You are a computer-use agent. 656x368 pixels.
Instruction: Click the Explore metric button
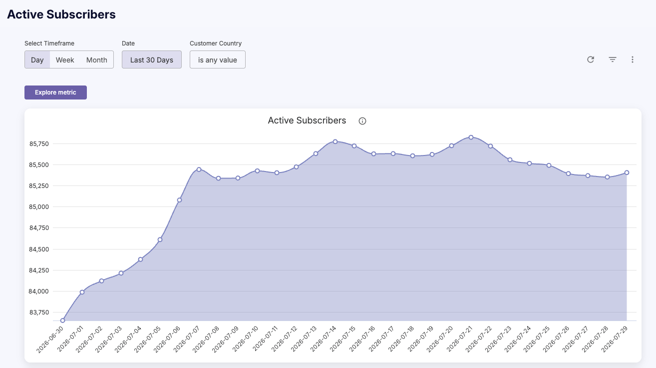55,92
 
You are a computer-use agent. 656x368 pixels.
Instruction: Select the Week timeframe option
65,60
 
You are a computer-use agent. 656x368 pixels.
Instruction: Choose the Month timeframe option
97,60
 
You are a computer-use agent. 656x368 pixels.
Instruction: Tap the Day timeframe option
37,60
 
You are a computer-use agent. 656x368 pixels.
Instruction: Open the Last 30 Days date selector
152,60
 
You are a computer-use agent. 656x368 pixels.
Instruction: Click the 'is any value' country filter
218,60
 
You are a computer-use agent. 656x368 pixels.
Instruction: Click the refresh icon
591,59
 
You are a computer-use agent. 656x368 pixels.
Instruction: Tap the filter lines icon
613,59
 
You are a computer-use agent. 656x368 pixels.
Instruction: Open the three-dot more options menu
633,59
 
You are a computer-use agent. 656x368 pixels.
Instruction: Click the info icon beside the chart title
362,121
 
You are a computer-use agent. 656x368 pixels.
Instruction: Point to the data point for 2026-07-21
471,137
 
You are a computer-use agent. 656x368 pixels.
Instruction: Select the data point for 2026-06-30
62,320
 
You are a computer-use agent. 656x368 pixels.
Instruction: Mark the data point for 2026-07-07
199,169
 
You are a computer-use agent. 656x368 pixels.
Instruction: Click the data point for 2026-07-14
335,141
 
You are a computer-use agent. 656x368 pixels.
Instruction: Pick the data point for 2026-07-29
627,172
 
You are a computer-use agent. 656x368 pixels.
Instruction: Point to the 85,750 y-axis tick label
39,143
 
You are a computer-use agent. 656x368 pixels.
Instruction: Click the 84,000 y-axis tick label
38,291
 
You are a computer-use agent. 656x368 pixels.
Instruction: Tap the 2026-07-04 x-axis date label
128,339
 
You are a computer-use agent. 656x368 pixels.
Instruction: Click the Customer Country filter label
216,43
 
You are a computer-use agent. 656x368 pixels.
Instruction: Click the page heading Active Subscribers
61,14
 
